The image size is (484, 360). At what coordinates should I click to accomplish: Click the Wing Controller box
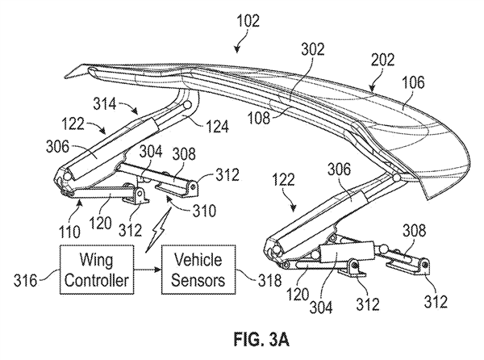(x=97, y=270)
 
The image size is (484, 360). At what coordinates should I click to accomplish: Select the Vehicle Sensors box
(x=198, y=270)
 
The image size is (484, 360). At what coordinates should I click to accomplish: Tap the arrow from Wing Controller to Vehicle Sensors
(x=148, y=270)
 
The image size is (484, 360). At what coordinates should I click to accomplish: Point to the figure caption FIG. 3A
(x=261, y=340)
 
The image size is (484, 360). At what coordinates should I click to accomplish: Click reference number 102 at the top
(x=248, y=21)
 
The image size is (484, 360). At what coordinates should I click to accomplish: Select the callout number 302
(x=313, y=49)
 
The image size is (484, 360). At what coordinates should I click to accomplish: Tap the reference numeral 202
(x=382, y=60)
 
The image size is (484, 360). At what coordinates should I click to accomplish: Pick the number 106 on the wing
(x=413, y=82)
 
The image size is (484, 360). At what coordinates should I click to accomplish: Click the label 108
(x=258, y=118)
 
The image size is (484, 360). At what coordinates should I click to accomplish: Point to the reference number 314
(x=105, y=103)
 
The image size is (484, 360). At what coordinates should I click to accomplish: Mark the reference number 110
(x=69, y=231)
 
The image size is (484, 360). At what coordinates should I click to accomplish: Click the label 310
(x=204, y=211)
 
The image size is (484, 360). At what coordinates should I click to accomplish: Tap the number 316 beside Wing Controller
(x=25, y=281)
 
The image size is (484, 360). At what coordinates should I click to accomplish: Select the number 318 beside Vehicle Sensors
(x=269, y=281)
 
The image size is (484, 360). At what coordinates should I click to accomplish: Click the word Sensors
(x=198, y=280)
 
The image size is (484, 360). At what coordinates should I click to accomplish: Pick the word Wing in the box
(x=97, y=260)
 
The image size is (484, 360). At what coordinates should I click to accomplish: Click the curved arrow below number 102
(x=243, y=41)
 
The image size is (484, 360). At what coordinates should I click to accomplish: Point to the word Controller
(x=97, y=280)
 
